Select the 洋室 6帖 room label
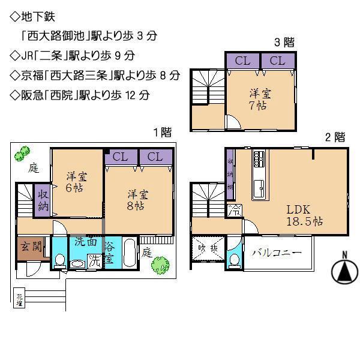[76, 181]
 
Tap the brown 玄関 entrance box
[28, 248]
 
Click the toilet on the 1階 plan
[59, 260]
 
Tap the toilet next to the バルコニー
[235, 259]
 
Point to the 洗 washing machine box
[95, 260]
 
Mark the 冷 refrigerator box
[234, 211]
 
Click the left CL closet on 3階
[242, 61]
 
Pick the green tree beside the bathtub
[160, 263]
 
